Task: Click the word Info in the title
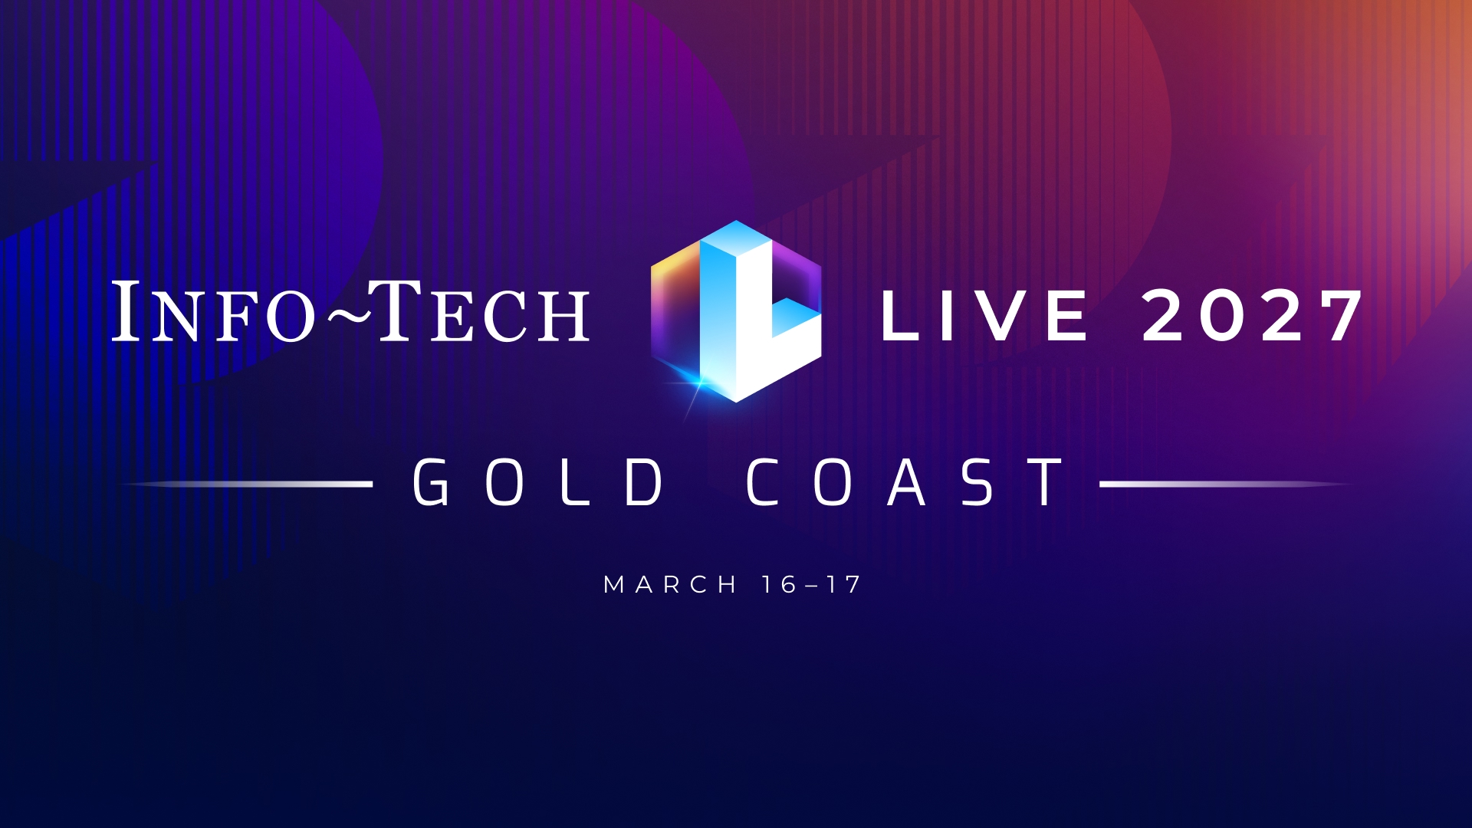[215, 312]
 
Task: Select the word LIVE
[984, 315]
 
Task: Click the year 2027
[1252, 315]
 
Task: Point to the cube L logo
[736, 311]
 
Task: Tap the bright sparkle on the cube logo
[698, 381]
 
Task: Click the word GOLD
[537, 482]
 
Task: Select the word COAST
[905, 482]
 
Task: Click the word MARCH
[670, 585]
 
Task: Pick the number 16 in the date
[780, 585]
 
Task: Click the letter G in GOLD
[432, 482]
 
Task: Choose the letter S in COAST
[978, 482]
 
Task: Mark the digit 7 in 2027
[1338, 315]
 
